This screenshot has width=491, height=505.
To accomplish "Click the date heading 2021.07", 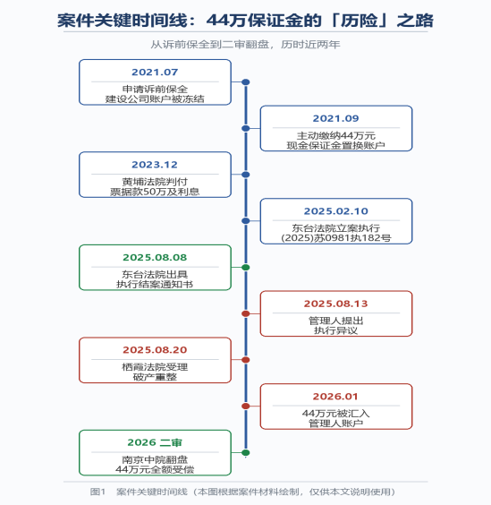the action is click(x=155, y=73).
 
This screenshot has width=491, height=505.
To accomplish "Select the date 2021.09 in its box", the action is click(x=336, y=118).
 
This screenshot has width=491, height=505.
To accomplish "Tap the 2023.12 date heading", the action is click(x=155, y=165).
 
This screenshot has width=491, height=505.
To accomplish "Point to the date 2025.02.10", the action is click(x=336, y=211).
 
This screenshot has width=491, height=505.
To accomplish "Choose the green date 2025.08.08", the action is click(x=155, y=257).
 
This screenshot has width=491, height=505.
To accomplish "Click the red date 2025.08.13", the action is click(x=336, y=304).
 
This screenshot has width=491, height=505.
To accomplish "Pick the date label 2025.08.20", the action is click(x=155, y=350).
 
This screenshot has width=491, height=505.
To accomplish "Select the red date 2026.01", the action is click(x=336, y=397).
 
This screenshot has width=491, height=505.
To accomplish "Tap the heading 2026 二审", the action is click(x=155, y=442).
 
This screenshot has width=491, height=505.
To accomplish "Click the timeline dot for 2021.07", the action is click(x=245, y=82).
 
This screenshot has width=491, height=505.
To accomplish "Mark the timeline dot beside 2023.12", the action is click(x=245, y=175).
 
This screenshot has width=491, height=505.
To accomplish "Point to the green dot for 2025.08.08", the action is click(x=245, y=268).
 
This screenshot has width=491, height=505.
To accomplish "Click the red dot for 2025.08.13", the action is click(x=245, y=313).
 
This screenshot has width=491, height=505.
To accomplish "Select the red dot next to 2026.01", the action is click(x=245, y=407).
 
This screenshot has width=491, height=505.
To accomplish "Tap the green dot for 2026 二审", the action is click(x=245, y=452).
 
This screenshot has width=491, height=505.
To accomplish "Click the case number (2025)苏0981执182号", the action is click(x=336, y=238).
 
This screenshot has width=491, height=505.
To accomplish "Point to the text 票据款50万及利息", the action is click(x=155, y=192).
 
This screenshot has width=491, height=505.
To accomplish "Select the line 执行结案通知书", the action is click(x=155, y=285).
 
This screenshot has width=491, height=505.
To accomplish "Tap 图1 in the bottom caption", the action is click(x=97, y=492).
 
